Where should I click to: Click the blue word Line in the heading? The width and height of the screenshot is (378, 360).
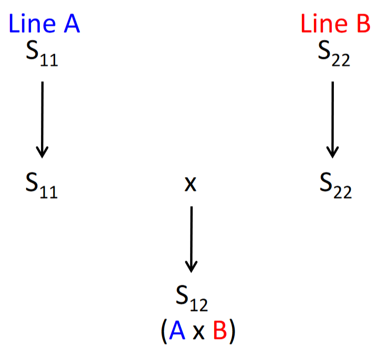click(33, 23)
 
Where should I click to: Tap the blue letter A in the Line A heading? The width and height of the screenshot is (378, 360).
click(72, 24)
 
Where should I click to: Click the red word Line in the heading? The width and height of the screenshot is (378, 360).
click(324, 23)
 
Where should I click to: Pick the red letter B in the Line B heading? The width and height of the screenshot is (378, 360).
click(363, 24)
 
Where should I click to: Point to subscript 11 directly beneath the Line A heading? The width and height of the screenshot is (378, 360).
click(49, 60)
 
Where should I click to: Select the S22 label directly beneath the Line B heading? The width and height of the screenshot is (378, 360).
click(334, 53)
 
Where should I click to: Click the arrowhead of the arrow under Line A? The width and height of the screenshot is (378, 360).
click(42, 152)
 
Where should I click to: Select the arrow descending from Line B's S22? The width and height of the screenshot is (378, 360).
click(333, 120)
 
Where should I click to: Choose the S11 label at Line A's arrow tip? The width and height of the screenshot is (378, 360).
click(41, 186)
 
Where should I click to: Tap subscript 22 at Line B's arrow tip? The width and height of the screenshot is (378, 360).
click(342, 192)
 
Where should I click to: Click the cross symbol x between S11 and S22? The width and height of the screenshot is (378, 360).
click(191, 184)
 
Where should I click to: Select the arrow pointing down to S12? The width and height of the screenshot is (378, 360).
click(192, 239)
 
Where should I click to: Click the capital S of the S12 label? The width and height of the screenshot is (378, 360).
click(182, 295)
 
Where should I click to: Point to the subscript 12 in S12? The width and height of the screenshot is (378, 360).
click(199, 305)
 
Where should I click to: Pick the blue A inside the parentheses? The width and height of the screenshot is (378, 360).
click(177, 330)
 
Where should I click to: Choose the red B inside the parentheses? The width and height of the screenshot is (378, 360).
click(220, 330)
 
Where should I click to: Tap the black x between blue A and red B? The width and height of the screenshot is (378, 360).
click(198, 332)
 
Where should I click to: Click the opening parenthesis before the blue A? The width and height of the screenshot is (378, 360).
click(164, 331)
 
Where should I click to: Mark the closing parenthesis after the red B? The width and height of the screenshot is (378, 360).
click(232, 331)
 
